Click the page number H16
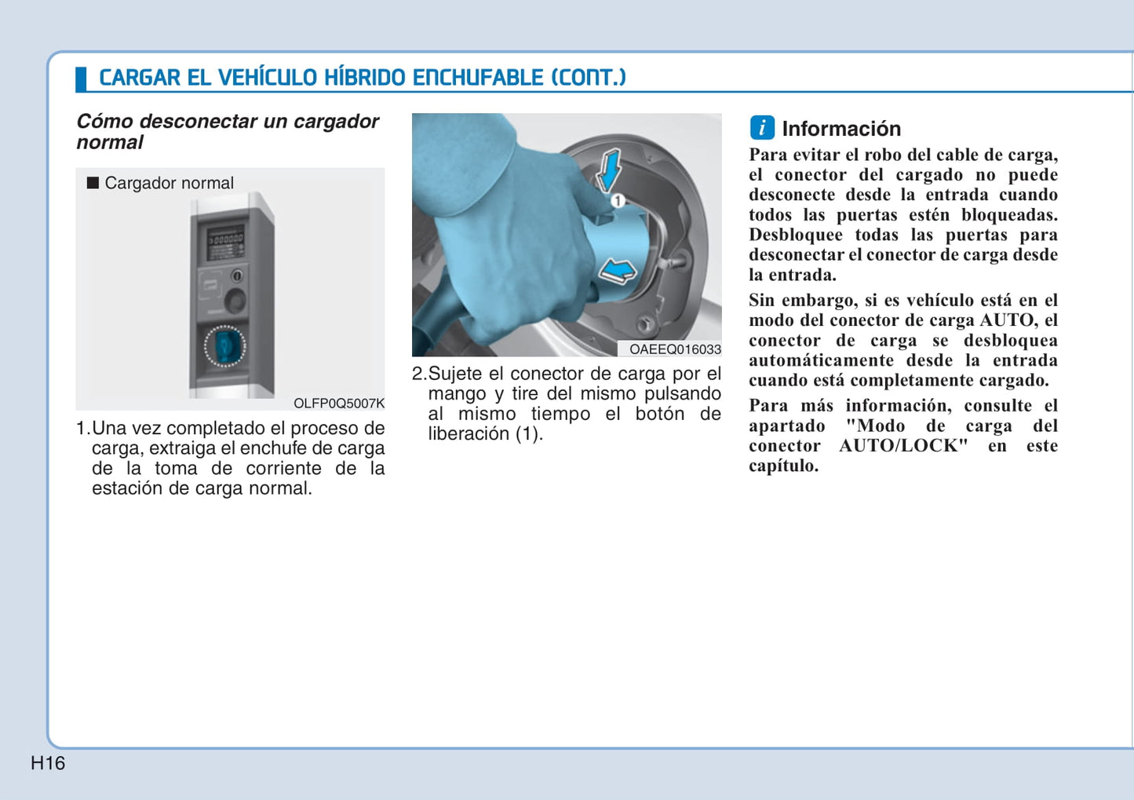click(x=48, y=763)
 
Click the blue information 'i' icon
click(x=762, y=128)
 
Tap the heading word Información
click(x=841, y=129)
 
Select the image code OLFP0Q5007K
click(x=339, y=403)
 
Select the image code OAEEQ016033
click(x=675, y=349)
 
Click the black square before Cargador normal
click(x=93, y=183)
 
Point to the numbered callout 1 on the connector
click(x=618, y=201)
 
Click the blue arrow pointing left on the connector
click(x=618, y=272)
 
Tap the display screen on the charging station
click(x=225, y=243)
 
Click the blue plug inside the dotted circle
click(x=225, y=346)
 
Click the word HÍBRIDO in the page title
click(x=364, y=78)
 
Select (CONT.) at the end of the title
click(x=589, y=78)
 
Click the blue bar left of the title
click(x=81, y=79)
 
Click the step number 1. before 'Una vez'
click(x=82, y=429)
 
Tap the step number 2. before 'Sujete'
click(x=418, y=374)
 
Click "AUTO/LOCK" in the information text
click(x=903, y=446)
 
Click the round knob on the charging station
click(x=235, y=299)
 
